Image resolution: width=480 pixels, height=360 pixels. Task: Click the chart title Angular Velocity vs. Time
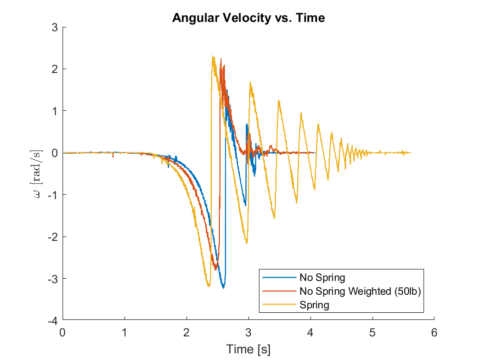(x=249, y=18)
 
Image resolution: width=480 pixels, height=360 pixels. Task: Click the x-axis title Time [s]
(x=249, y=349)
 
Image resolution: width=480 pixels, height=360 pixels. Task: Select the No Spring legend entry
(x=322, y=277)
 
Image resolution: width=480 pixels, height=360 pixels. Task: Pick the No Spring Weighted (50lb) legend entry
(x=359, y=291)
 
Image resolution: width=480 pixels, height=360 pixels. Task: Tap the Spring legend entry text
(x=314, y=305)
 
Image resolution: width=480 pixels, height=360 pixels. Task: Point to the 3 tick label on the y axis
(x=55, y=27)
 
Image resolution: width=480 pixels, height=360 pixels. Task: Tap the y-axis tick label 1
(x=55, y=111)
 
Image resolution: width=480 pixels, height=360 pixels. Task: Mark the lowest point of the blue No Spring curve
(x=223, y=287)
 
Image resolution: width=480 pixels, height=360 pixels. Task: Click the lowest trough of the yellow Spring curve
(x=208, y=286)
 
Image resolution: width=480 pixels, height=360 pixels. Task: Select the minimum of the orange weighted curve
(x=216, y=269)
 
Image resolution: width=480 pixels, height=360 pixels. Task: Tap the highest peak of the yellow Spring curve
(x=213, y=56)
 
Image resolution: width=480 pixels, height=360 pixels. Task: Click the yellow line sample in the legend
(x=279, y=305)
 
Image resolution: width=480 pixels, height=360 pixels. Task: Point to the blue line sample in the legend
(x=279, y=277)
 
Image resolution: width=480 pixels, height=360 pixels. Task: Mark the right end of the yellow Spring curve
(x=410, y=153)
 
